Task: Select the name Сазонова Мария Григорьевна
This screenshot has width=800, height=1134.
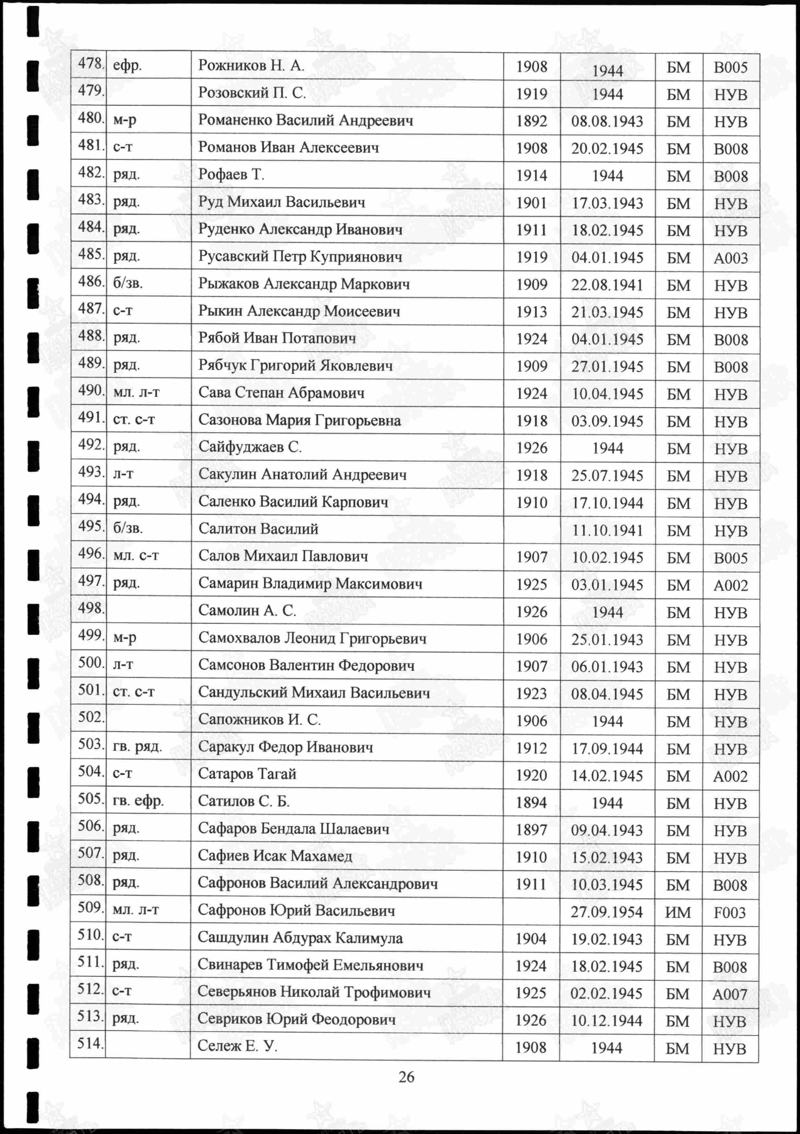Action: pos(299,420)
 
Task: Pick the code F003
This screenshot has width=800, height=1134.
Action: pos(729,912)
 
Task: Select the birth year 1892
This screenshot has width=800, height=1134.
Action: pos(531,121)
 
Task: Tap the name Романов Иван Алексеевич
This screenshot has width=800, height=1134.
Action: pos(288,148)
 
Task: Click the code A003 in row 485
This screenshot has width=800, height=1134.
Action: pos(730,258)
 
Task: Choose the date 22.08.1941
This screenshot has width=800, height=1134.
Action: pos(607,285)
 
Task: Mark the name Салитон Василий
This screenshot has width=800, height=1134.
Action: pos(258,529)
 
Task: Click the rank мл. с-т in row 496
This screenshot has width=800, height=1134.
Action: pos(136,556)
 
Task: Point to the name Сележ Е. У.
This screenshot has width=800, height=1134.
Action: pos(237,1046)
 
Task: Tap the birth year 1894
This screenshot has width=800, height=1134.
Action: pos(531,803)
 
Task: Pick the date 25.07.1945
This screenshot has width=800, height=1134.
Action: pos(607,476)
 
